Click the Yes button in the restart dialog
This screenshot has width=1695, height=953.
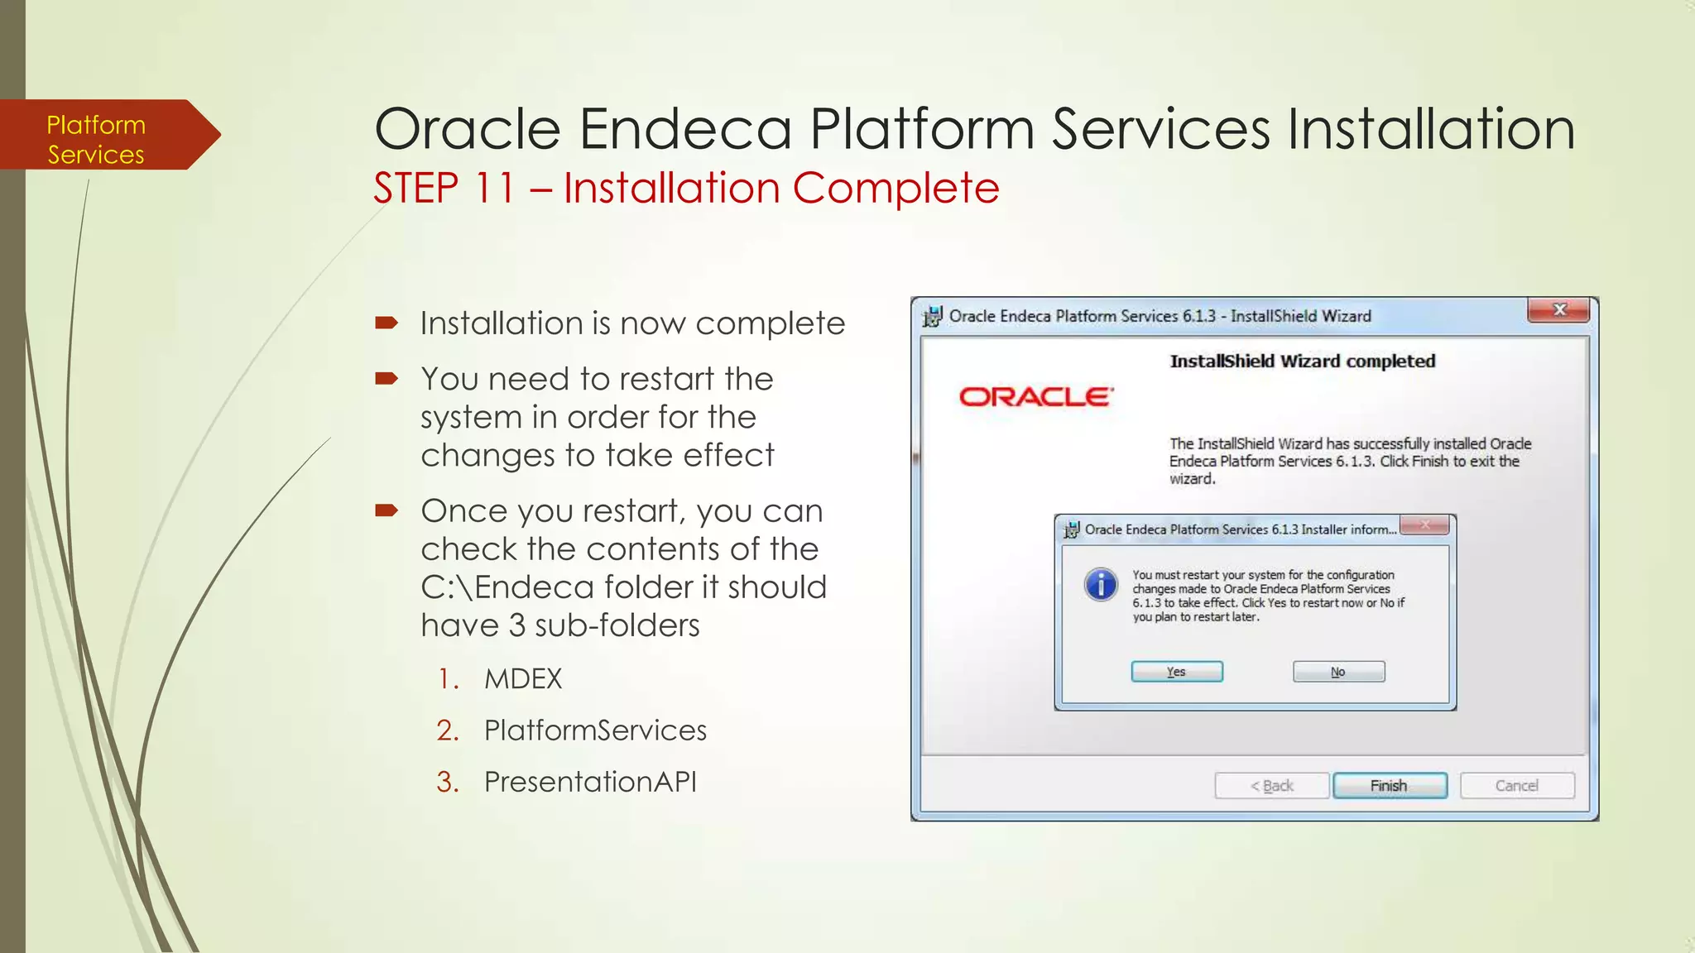tap(1176, 672)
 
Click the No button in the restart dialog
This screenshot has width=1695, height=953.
tap(1337, 672)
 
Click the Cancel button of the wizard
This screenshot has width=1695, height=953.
tap(1516, 785)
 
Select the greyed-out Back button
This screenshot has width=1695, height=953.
tap(1271, 785)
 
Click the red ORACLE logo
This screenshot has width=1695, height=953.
tap(1036, 397)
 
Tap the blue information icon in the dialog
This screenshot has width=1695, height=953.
tap(1101, 585)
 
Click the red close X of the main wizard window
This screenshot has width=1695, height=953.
tap(1559, 310)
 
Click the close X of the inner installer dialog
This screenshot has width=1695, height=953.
tap(1424, 525)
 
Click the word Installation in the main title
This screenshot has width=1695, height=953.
tap(1430, 130)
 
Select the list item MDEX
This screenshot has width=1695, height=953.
tap(523, 679)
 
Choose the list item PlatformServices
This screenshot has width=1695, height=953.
tap(595, 730)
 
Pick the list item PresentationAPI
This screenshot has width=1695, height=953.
tap(590, 782)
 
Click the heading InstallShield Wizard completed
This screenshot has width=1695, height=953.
tap(1302, 362)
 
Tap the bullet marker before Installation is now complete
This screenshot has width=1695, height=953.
tap(387, 323)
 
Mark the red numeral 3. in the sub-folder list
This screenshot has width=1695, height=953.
tap(447, 782)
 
